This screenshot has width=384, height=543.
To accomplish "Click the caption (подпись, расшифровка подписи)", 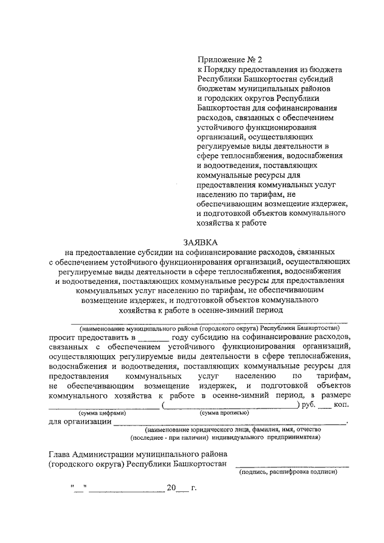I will coord(288,472).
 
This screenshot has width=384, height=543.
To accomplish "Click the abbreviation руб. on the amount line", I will coord(308,405).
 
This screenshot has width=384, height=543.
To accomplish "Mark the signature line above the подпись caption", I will coord(292,465).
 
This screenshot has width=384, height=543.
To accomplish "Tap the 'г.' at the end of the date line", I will coord(193,488).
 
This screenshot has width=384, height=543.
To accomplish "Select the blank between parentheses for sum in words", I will coord(231,407).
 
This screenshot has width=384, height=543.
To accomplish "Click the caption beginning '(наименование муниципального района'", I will coord(210,329).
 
